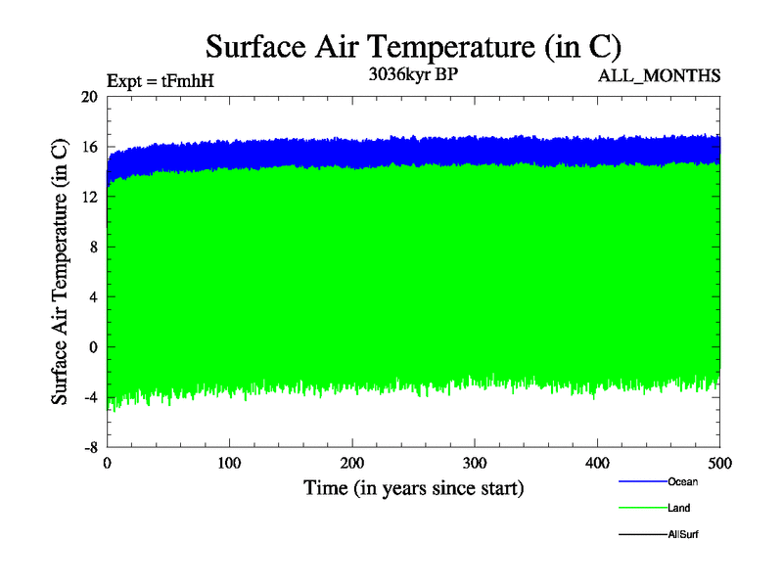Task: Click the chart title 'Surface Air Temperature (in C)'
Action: [x=413, y=47]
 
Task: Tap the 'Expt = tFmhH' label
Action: [x=159, y=81]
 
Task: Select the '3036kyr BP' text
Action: [x=411, y=75]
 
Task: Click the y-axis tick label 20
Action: [x=89, y=97]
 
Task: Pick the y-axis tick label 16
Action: [x=89, y=147]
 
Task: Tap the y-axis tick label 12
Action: [x=89, y=197]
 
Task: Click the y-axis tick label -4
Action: [x=89, y=397]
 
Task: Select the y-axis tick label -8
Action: [x=89, y=447]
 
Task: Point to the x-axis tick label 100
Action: [x=229, y=463]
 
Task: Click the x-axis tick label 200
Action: [x=352, y=463]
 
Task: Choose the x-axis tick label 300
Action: [x=475, y=463]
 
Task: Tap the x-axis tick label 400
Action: [x=597, y=463]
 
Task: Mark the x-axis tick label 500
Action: [x=719, y=463]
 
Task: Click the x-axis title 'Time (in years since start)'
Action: [x=413, y=487]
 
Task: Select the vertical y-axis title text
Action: [x=60, y=272]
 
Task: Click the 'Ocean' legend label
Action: [x=682, y=481]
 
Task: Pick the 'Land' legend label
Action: [x=679, y=508]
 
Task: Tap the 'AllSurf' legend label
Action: [x=683, y=534]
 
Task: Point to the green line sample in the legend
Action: [x=642, y=508]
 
